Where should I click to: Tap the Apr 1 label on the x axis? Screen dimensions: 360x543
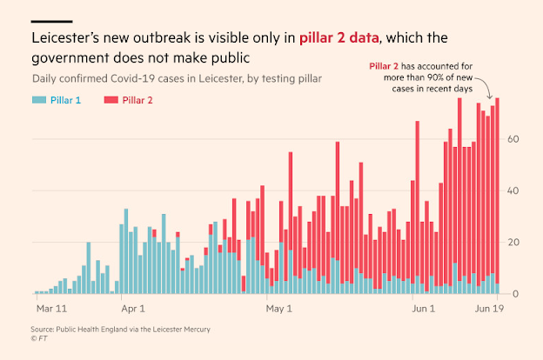[133, 308]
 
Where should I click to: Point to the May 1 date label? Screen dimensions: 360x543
[279, 308]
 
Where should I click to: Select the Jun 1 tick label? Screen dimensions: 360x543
[424, 308]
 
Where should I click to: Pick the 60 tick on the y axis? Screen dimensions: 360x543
[514, 139]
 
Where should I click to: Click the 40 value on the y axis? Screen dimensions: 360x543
[514, 190]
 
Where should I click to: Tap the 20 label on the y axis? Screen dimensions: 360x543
[514, 242]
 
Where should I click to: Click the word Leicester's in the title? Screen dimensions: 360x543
[72, 39]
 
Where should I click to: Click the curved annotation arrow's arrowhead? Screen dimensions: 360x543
[492, 97]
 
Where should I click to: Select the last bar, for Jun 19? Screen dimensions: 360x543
[497, 196]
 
